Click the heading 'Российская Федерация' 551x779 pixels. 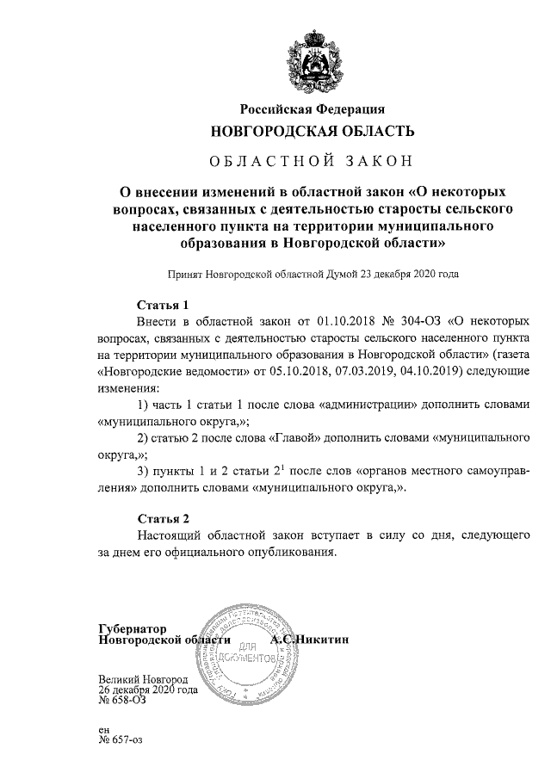tap(312, 109)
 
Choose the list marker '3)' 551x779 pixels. tap(145, 470)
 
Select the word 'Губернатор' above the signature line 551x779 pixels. tap(138, 628)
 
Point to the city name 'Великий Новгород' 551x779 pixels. tap(143, 679)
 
